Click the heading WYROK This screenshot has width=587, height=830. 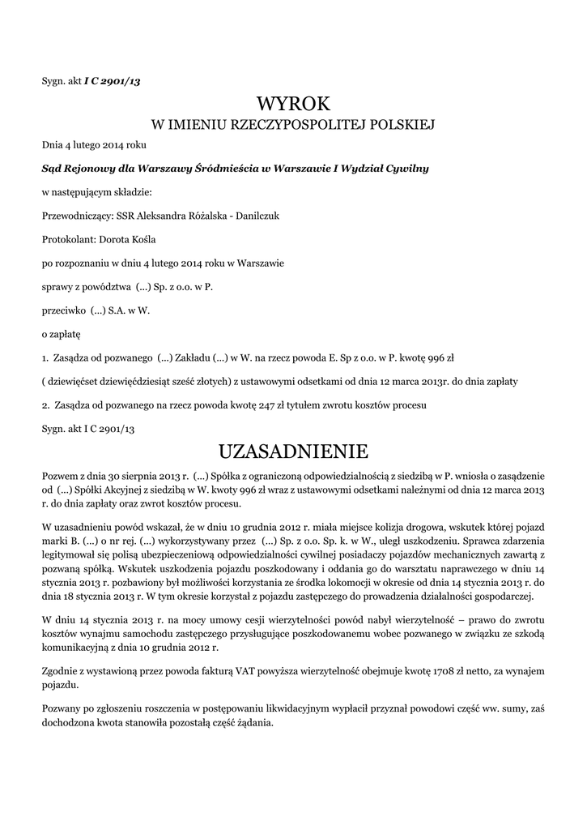[x=294, y=103]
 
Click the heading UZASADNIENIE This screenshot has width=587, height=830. [x=294, y=450]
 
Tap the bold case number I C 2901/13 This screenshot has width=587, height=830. [x=113, y=80]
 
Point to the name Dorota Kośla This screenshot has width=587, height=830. [x=131, y=240]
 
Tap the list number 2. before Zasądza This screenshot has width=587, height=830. [x=45, y=404]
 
